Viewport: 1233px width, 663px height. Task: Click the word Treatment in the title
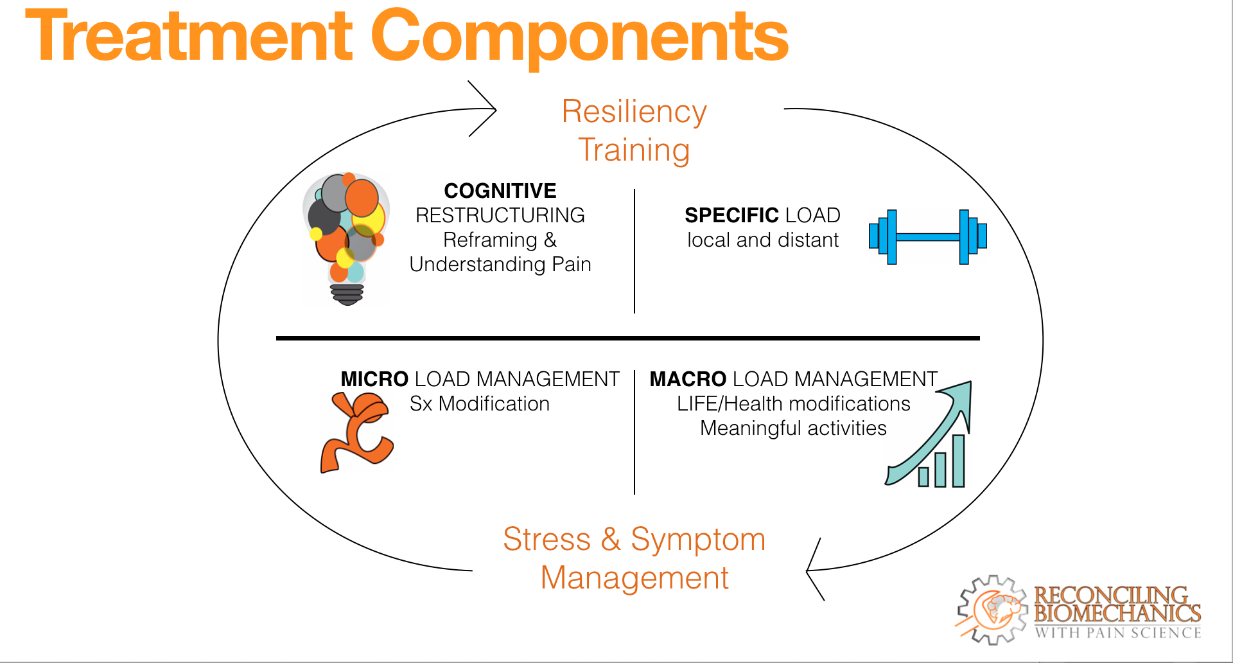189,37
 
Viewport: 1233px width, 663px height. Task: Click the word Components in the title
579,40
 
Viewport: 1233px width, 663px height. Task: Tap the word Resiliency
634,112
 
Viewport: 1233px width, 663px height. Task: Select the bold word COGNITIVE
500,191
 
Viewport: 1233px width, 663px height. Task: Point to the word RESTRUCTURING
500,215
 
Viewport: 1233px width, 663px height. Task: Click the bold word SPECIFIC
731,215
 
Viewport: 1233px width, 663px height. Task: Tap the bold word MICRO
374,379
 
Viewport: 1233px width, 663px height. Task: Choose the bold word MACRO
688,379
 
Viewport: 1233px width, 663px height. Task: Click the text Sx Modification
480,403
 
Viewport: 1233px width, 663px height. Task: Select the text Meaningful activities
793,428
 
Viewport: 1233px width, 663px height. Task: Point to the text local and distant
763,240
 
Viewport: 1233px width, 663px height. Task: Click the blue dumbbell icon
927,237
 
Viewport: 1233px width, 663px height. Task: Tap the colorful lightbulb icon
347,238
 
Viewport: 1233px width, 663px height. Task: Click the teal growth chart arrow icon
929,434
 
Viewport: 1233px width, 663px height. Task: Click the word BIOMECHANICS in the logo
1117,614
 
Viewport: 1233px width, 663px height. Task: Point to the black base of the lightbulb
347,294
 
